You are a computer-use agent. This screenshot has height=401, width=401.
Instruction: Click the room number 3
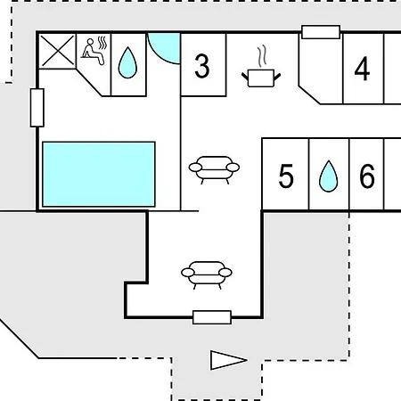point(202,66)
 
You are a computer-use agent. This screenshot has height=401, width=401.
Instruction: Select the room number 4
point(362,69)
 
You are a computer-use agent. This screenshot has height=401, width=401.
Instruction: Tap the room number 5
point(286,176)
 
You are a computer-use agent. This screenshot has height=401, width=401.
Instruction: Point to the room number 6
point(367,176)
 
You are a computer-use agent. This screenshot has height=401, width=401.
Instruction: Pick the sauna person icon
point(94,51)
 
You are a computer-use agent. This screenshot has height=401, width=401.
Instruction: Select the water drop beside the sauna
point(127,62)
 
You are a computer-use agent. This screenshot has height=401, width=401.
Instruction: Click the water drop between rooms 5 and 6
point(328,176)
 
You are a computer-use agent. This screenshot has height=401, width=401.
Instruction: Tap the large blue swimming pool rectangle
point(99,174)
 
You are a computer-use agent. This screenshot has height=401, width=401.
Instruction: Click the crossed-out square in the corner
point(58,51)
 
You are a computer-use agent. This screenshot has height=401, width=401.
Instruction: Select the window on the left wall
point(37,108)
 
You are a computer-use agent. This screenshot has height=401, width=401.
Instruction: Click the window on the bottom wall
point(212,317)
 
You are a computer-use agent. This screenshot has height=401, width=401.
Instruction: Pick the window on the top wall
point(321,32)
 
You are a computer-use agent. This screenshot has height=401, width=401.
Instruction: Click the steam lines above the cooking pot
point(262,56)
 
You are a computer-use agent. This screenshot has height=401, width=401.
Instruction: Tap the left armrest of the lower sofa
point(187,273)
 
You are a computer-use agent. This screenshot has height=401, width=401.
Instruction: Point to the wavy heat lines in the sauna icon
point(102,43)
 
